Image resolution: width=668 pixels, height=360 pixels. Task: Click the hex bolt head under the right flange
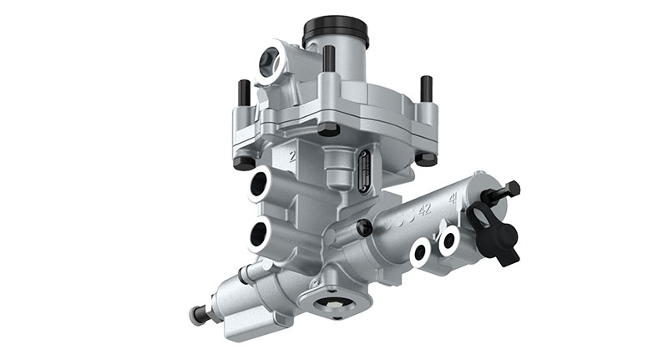[426, 158]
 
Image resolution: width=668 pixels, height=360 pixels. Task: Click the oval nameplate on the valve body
[365, 170]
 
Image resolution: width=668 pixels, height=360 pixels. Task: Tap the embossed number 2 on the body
[292, 155]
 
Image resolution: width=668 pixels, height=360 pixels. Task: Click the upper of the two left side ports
[260, 185]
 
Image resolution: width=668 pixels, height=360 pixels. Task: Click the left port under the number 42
[420, 251]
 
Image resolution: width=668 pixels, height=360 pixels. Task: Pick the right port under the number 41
[449, 241]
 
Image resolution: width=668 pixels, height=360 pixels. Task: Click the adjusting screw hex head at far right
[512, 190]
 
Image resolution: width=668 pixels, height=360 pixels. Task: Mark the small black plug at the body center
[364, 227]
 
